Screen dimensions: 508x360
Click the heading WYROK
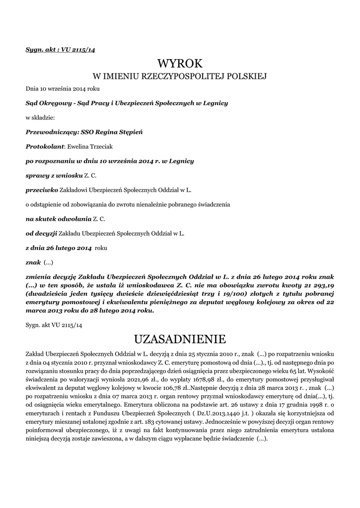click(x=180, y=63)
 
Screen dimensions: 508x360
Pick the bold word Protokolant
click(x=45, y=147)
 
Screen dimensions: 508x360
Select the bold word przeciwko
click(x=42, y=190)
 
